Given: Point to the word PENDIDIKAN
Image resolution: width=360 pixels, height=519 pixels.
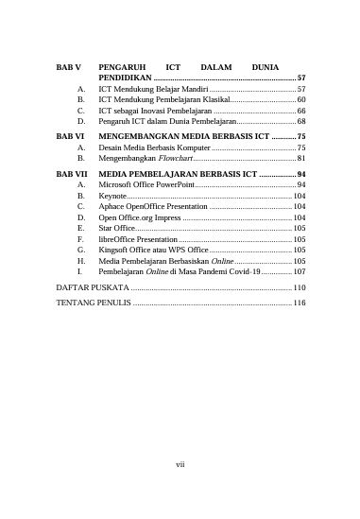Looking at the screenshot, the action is coord(125,78).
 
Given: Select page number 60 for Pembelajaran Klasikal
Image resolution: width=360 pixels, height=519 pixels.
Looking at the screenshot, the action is coord(300,99).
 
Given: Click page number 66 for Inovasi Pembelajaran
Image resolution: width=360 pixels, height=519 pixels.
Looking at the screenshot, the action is coord(300,111).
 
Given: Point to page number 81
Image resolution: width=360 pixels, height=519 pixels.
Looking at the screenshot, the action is coord(300,160).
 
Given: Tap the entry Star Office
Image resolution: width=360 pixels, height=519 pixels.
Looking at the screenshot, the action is coord(117,228).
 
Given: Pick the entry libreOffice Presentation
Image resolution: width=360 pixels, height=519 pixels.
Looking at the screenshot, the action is coord(143,239).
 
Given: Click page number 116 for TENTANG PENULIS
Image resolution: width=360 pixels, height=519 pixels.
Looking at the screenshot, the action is coord(299,304).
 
